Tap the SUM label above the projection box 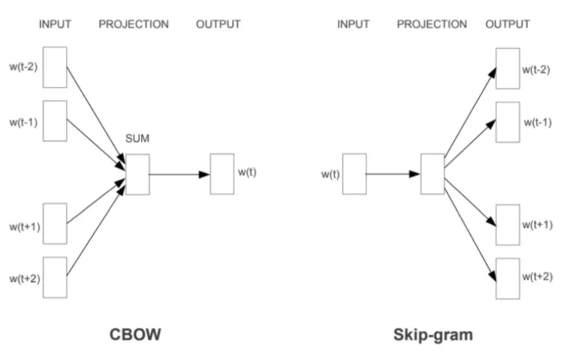[x=137, y=139]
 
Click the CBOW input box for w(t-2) [x=55, y=68]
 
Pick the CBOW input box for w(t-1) [x=55, y=120]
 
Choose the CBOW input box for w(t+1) [x=55, y=223]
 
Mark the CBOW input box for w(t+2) [x=55, y=276]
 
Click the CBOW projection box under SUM [x=137, y=174]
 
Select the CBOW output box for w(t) [x=222, y=174]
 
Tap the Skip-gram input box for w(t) [x=354, y=174]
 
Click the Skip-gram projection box [x=432, y=174]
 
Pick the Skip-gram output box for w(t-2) [x=507, y=68]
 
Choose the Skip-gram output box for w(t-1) [x=507, y=123]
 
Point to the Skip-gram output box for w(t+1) [x=507, y=225]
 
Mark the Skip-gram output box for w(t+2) [x=507, y=278]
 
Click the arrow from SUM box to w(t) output [x=180, y=175]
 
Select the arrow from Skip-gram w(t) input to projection [x=393, y=175]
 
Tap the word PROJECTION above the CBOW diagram [x=134, y=25]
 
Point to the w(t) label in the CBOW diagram [x=247, y=172]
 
